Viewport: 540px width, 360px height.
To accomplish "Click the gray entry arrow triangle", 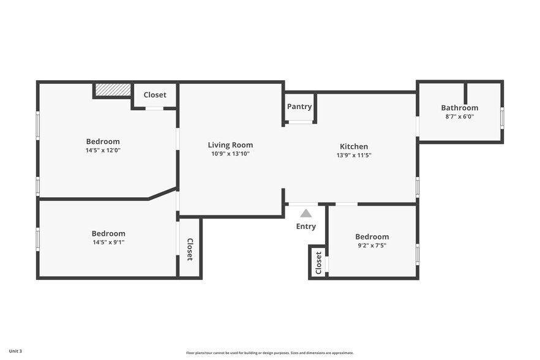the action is [x=306, y=214].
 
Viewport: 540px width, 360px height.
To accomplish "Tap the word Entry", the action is [x=306, y=227].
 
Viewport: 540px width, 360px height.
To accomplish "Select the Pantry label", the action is [x=299, y=107].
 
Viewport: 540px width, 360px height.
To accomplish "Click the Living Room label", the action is [x=230, y=145].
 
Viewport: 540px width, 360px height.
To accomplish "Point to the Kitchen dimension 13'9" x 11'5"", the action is [x=354, y=155].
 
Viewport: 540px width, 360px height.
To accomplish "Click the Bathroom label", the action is [x=460, y=108].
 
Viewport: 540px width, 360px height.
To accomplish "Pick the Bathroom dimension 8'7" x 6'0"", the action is [x=460, y=116].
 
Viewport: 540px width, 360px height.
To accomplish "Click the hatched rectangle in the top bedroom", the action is [x=113, y=89].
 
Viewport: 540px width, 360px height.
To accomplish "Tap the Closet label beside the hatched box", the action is [x=155, y=95].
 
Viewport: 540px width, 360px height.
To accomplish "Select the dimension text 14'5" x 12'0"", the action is [x=103, y=150].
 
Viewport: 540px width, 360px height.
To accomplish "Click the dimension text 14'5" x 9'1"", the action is [x=108, y=242].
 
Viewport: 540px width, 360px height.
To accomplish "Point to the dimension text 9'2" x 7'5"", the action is [x=372, y=246].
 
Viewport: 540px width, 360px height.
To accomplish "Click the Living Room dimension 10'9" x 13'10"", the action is [x=230, y=154].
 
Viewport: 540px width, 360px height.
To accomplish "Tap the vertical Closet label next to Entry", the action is [x=318, y=263].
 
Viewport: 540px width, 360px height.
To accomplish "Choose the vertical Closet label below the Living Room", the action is [x=190, y=249].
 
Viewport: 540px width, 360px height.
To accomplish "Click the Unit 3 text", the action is [x=15, y=351].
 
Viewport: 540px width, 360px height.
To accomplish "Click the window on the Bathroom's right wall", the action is [x=502, y=118].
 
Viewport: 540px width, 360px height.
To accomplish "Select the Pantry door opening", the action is [x=300, y=122].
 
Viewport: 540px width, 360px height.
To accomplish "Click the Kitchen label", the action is [x=354, y=146].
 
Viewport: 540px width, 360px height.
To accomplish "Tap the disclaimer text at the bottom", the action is [x=270, y=353].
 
